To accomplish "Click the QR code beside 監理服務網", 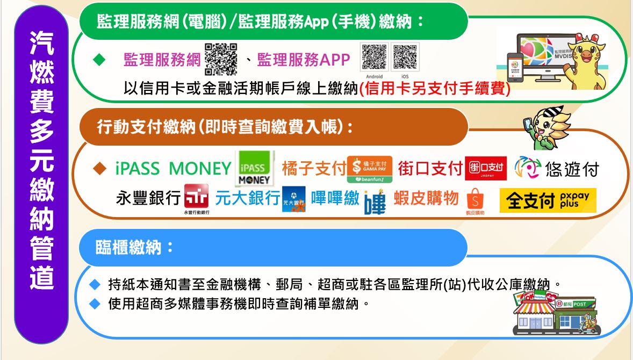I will click(221, 58).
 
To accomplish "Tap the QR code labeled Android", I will click(375, 57).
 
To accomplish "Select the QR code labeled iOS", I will click(405, 57).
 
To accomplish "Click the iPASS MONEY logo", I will click(254, 168).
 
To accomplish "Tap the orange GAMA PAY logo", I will click(370, 169).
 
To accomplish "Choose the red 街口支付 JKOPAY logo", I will click(486, 169).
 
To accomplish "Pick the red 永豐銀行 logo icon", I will click(196, 197).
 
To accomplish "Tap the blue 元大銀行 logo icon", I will click(294, 199).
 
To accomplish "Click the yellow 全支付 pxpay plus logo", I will click(548, 200).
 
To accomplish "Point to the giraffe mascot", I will click(587, 59).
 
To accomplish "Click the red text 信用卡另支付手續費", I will click(435, 89).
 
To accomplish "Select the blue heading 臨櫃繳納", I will click(135, 247).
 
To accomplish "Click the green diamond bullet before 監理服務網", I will click(98, 60).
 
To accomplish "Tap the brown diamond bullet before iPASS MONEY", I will click(99, 169).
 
